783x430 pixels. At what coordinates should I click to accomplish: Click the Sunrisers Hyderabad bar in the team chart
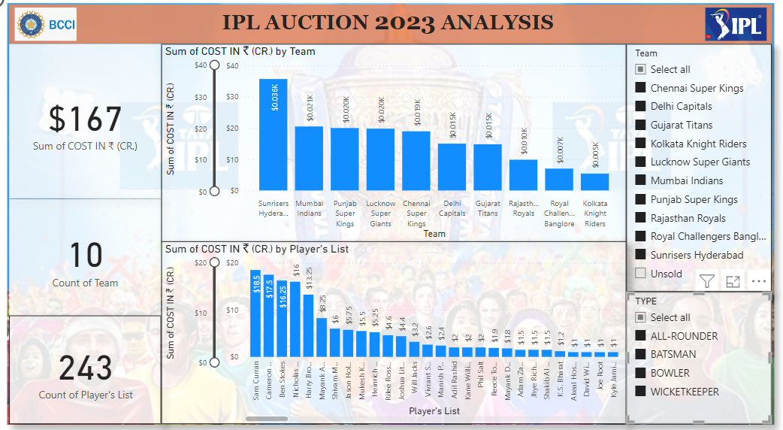pyautogui.click(x=273, y=135)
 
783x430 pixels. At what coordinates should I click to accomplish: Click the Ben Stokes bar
pyautogui.click(x=282, y=318)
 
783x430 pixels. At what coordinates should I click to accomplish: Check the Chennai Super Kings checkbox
pyautogui.click(x=641, y=88)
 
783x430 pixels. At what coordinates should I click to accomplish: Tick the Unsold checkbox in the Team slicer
pyautogui.click(x=641, y=274)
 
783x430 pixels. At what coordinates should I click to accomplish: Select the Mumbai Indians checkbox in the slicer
pyautogui.click(x=641, y=180)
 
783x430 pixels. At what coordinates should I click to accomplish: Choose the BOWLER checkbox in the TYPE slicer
pyautogui.click(x=641, y=373)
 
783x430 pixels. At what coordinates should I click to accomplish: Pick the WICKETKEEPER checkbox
pyautogui.click(x=641, y=392)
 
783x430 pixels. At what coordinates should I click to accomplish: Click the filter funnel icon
pyautogui.click(x=706, y=281)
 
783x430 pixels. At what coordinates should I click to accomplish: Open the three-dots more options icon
pyautogui.click(x=758, y=281)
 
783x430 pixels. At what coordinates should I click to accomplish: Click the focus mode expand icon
pyautogui.click(x=733, y=281)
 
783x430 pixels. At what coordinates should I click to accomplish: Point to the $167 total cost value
pyautogui.click(x=85, y=120)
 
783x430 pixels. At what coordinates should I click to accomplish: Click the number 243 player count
pyautogui.click(x=85, y=368)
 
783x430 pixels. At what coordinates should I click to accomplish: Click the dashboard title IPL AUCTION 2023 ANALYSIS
pyautogui.click(x=388, y=23)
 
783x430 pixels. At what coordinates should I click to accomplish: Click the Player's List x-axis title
pyautogui.click(x=434, y=411)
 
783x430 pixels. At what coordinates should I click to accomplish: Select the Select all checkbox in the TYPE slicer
pyautogui.click(x=641, y=317)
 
